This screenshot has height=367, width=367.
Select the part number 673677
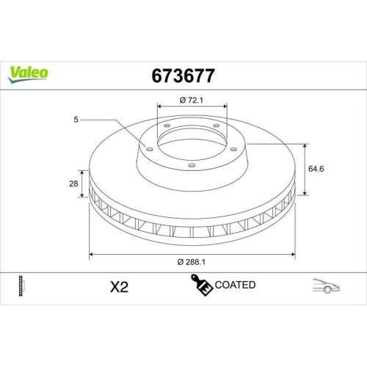coord(184,75)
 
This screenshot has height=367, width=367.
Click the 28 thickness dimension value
coord(73,184)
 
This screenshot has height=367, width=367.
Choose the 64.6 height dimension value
coord(316,169)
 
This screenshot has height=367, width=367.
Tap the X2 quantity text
coord(118,286)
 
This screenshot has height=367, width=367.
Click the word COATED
coord(234,285)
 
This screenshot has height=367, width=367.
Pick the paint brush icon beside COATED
coord(202,286)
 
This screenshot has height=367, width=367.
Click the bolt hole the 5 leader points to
coord(150,149)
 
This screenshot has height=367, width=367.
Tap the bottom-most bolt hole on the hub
coord(192,165)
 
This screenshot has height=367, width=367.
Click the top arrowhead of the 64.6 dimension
coord(304,145)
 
